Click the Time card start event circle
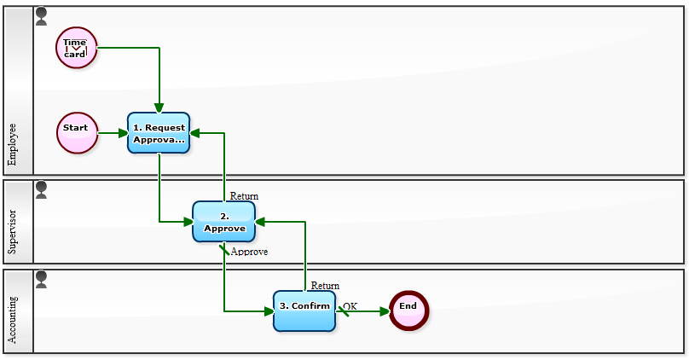76,47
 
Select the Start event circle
76,133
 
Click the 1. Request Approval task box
159,133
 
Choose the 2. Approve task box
223,222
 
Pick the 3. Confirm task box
304,311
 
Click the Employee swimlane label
12,144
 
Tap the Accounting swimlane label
12,320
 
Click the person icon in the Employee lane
41,16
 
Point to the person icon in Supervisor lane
41,189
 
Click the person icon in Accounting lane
41,279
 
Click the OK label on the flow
350,305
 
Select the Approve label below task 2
249,252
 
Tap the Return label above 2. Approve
244,196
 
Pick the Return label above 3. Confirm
325,286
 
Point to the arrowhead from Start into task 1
122,133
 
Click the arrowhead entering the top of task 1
159,107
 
